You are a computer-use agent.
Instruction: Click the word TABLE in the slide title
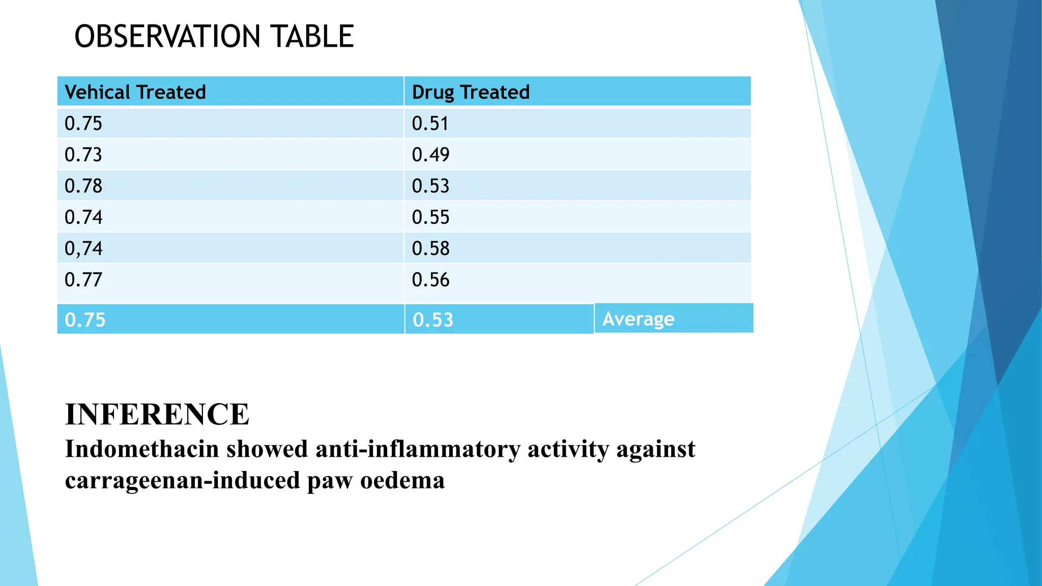point(312,37)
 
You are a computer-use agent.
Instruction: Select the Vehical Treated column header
point(135,92)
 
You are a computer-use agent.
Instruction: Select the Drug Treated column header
point(471,92)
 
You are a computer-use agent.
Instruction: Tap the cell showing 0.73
point(83,155)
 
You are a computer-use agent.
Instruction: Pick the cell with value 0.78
point(83,186)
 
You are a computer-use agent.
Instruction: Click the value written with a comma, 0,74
point(83,249)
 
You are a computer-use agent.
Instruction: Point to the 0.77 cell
point(83,280)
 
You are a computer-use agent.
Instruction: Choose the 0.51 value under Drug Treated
point(430,124)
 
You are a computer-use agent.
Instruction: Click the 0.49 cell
point(430,155)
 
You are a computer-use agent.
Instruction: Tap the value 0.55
point(430,218)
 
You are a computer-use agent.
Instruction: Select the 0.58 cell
point(430,249)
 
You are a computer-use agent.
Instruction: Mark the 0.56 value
point(430,280)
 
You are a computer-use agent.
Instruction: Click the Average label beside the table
point(639,319)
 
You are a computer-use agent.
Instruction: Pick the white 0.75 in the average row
point(85,320)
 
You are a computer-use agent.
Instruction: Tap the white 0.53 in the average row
point(433,320)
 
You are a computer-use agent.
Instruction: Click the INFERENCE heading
point(157,414)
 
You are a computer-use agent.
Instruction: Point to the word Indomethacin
point(142,449)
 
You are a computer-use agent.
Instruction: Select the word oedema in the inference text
point(402,480)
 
